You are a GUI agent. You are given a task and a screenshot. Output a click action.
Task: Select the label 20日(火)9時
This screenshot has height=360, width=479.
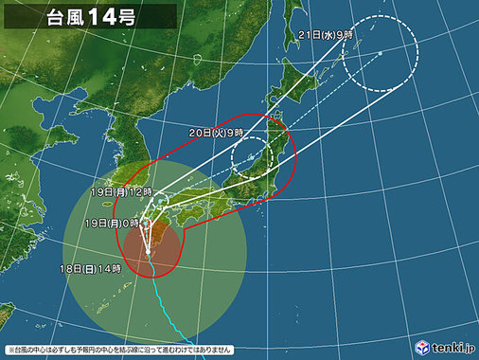point(218,132)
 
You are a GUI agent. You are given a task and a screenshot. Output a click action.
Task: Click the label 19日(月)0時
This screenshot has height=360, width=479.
point(110,222)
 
